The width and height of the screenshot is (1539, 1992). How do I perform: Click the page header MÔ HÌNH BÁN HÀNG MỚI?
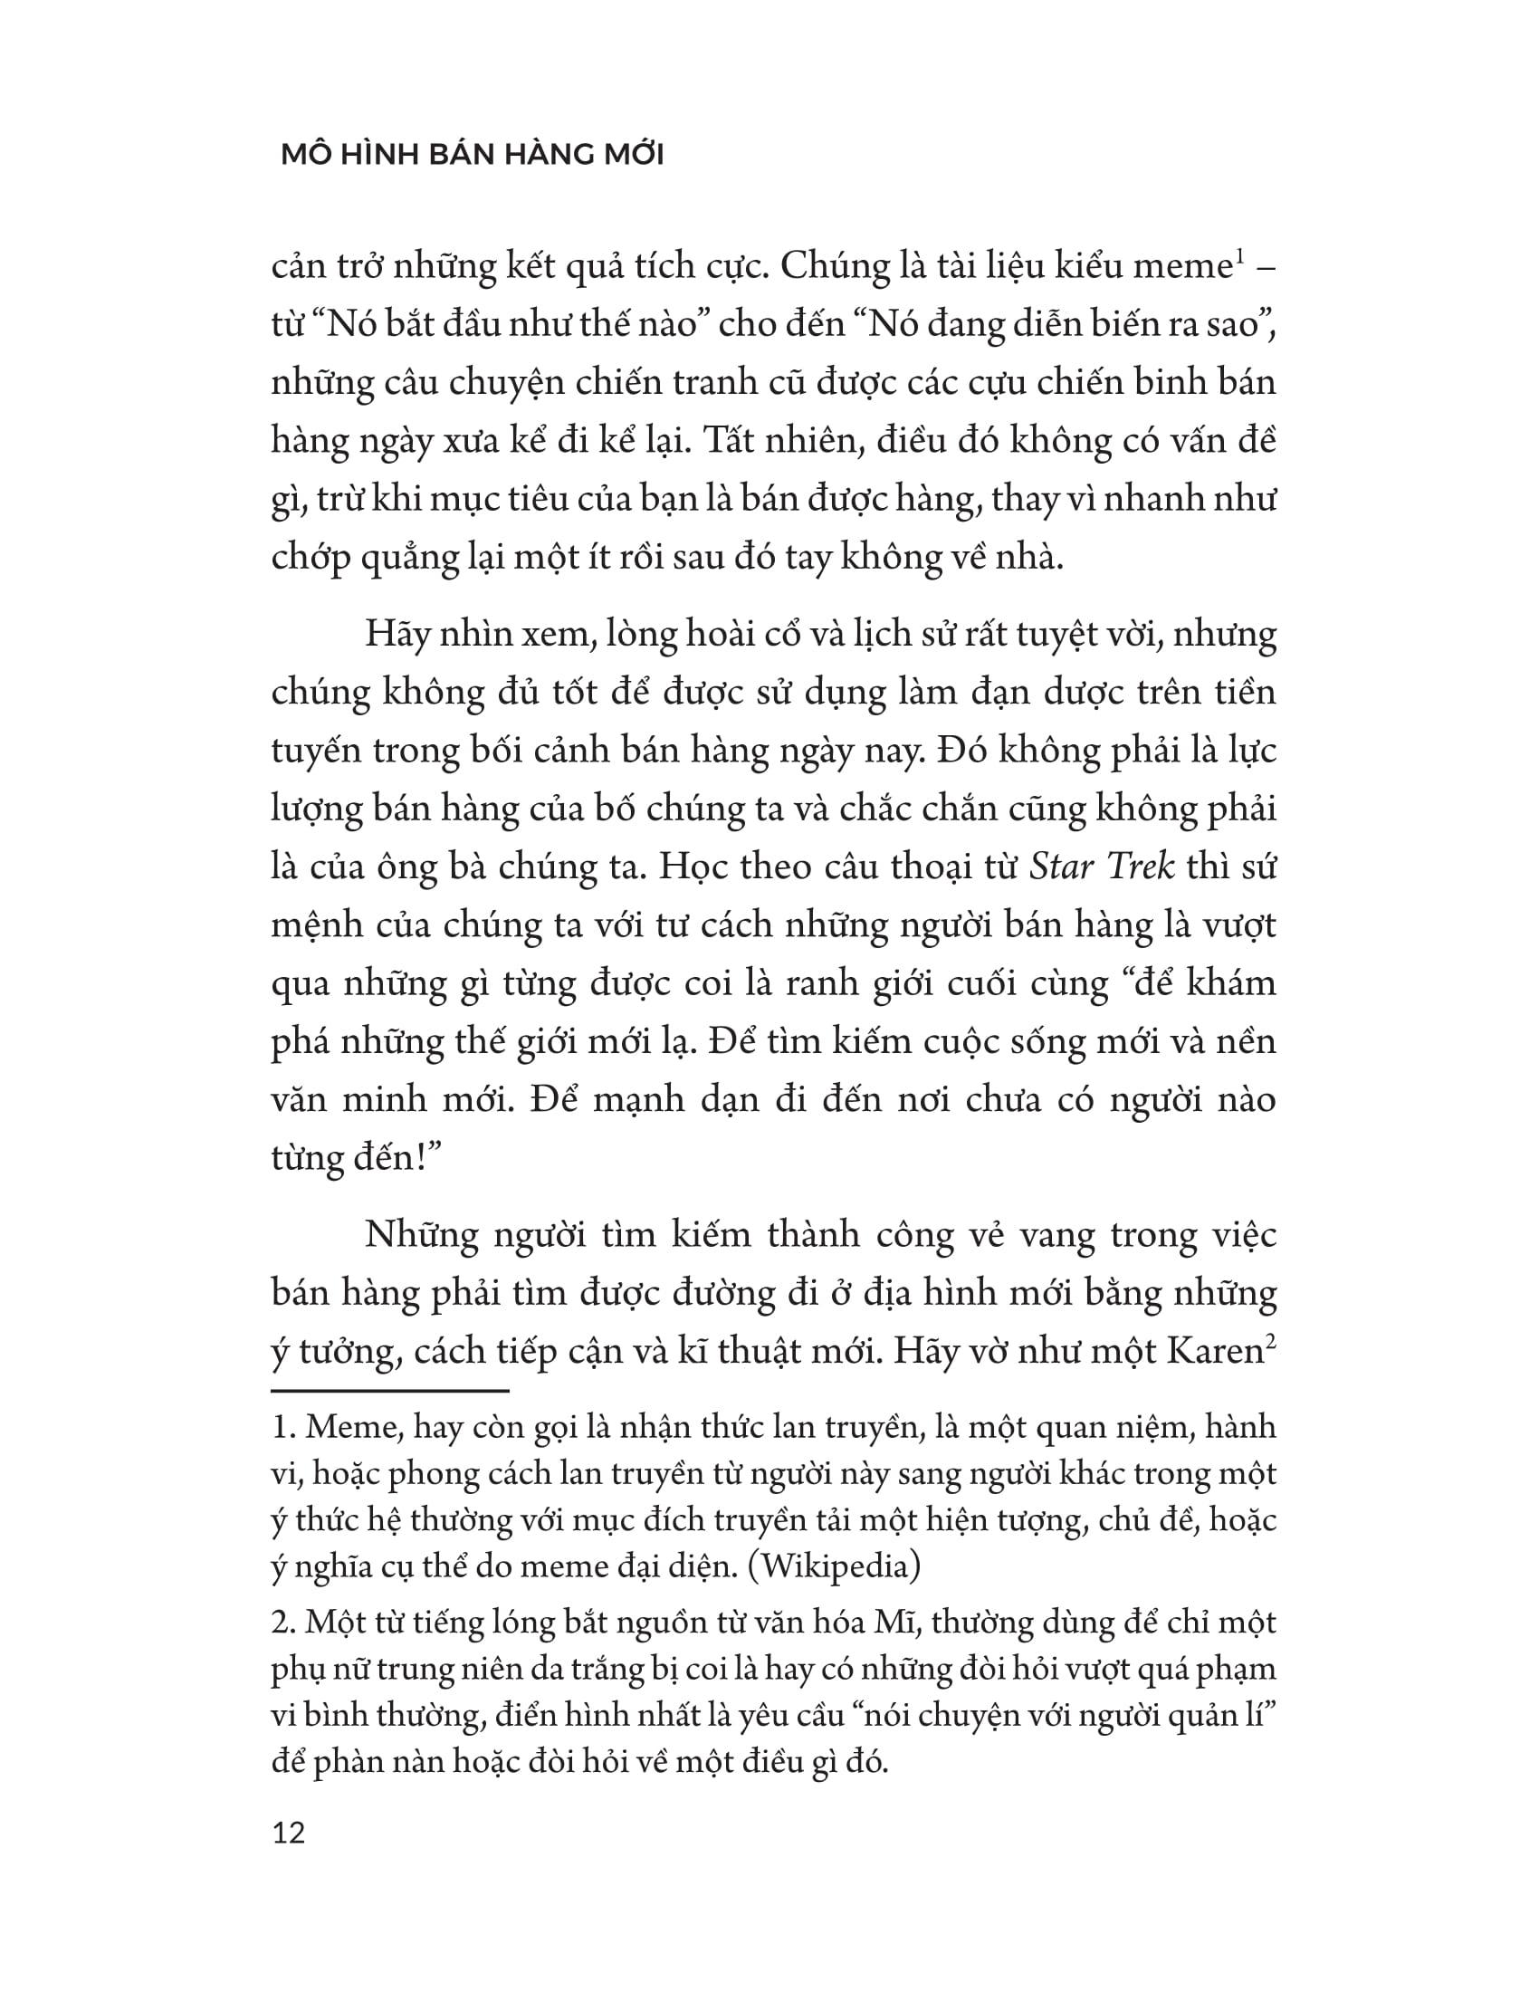pos(473,155)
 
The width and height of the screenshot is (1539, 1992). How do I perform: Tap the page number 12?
pos(288,1832)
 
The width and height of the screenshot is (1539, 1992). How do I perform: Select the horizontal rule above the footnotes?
pos(389,1391)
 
